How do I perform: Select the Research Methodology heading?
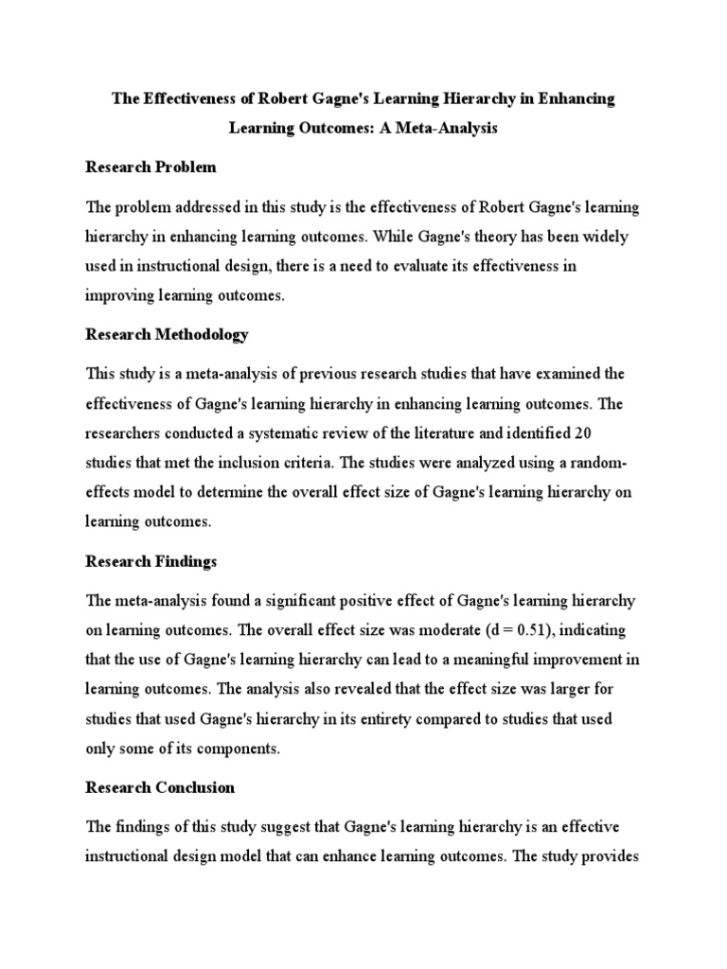[x=167, y=334]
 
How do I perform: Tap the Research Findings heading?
[x=151, y=561]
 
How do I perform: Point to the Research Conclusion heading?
[x=160, y=787]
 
